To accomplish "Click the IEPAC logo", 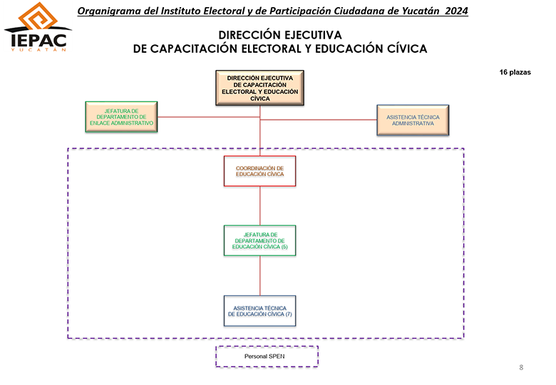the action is click(x=38, y=27).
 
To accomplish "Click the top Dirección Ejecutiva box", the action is click(x=260, y=88).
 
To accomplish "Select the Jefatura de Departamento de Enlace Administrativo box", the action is click(x=121, y=117).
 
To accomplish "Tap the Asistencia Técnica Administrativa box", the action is click(x=413, y=120).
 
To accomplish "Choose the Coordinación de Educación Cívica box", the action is click(x=260, y=171).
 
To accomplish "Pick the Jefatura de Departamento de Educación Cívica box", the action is click(x=260, y=241).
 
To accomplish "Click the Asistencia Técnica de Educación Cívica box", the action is click(x=260, y=311).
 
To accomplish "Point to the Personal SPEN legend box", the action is click(x=267, y=356).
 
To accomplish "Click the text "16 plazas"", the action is click(x=515, y=72).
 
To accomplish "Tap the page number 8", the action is click(x=521, y=368).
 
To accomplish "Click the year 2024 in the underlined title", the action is click(x=457, y=11).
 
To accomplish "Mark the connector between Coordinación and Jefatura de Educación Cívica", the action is click(x=260, y=206).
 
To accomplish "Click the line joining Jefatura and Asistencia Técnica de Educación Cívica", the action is click(x=260, y=276).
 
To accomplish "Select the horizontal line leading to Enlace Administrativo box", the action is click(x=209, y=117).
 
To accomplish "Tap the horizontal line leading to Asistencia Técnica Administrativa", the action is click(x=319, y=120).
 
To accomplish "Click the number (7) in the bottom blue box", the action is click(x=289, y=314).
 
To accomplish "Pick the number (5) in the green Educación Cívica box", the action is click(x=284, y=247).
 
